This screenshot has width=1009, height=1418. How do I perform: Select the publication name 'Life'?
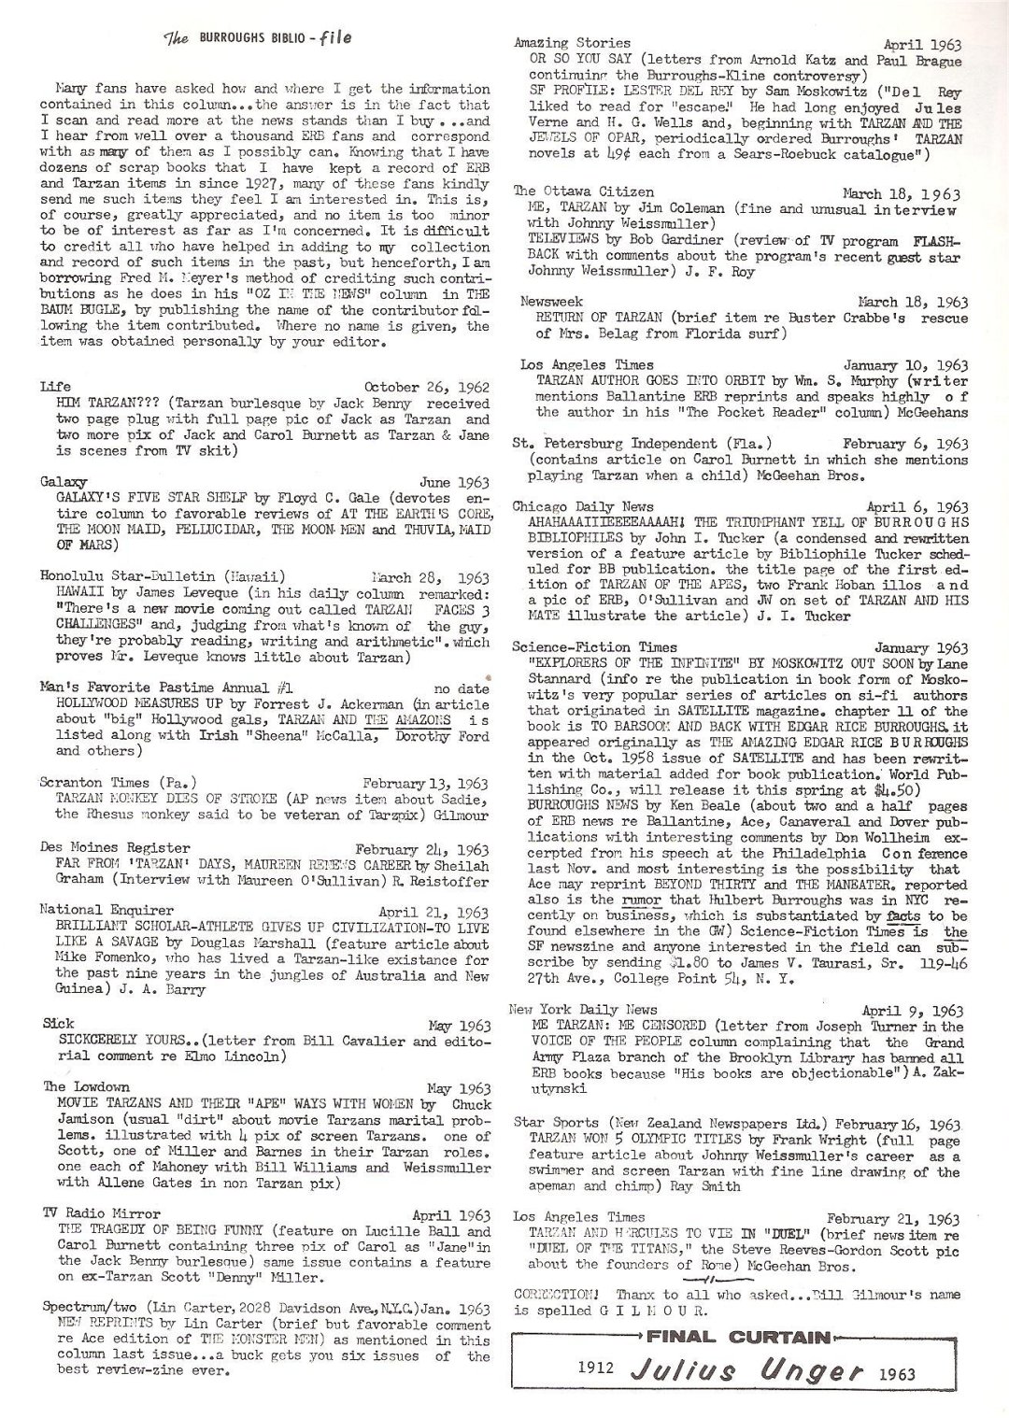pyautogui.click(x=54, y=386)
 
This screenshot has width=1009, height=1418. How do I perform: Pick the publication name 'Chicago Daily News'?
pyautogui.click(x=584, y=505)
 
